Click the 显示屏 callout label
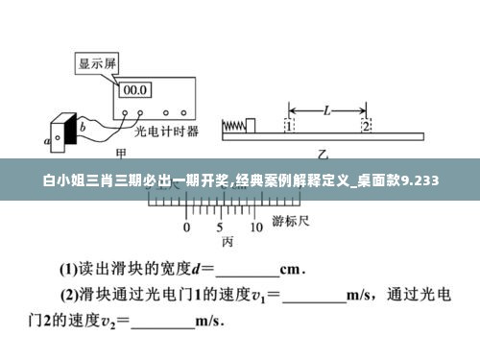point(97,64)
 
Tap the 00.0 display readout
point(133,89)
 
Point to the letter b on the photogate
point(82,126)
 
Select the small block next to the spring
point(251,124)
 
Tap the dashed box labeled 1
point(289,126)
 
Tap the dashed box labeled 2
point(366,126)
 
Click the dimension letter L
point(327,109)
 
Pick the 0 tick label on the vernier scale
point(187,228)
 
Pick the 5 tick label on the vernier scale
point(221,228)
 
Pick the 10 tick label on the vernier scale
point(255,228)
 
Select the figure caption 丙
point(228,242)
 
